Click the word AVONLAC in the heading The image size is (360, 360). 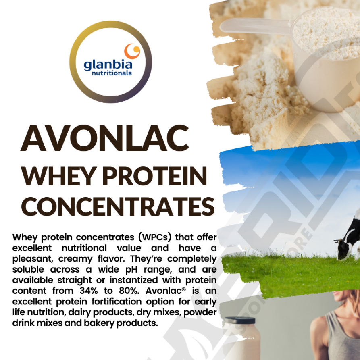[x=105, y=138]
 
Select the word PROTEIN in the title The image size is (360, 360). [x=155, y=176]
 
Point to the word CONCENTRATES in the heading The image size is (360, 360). [x=118, y=207]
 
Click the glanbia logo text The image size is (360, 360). [x=108, y=65]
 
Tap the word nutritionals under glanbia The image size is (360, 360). [x=112, y=73]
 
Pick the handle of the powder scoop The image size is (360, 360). [x=255, y=25]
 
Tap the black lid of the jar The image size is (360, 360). [x=240, y=320]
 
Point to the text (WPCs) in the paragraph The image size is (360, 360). [x=155, y=237]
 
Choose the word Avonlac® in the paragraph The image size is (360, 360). [x=166, y=291]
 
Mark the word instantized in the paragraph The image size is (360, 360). [x=133, y=280]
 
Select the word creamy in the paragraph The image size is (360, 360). [x=75, y=259]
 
